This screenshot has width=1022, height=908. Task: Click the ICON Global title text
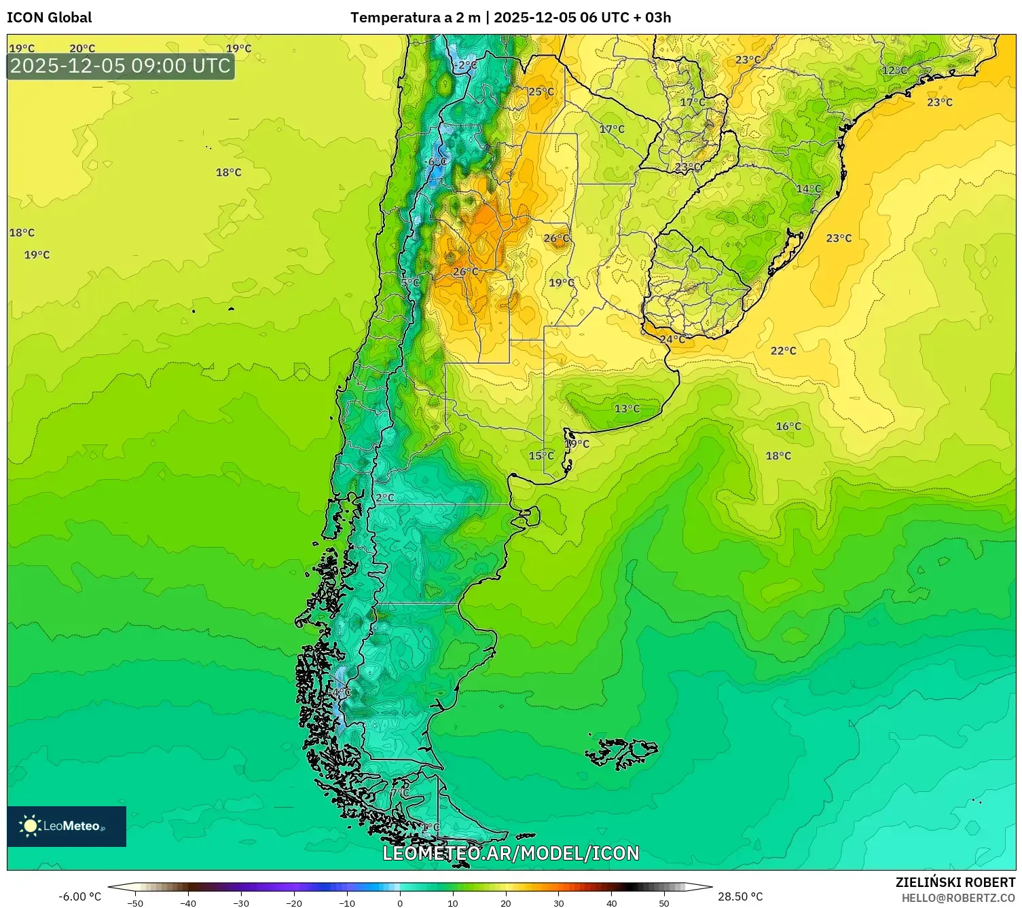[49, 18]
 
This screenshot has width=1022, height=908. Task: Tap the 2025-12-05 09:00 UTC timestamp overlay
[120, 66]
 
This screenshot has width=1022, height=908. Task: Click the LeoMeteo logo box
[67, 826]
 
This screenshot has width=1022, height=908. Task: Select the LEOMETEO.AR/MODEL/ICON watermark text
[511, 853]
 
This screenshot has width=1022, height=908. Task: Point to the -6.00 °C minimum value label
[79, 896]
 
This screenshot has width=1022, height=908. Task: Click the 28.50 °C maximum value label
[740, 896]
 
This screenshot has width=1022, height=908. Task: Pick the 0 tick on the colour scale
[399, 903]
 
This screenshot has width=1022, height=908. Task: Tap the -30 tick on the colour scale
[241, 903]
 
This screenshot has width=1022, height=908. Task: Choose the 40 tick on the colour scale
[611, 903]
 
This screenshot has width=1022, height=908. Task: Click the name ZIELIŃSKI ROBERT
[955, 882]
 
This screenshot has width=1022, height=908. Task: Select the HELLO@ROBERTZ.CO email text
[958, 898]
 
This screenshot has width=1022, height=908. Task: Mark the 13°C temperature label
[627, 409]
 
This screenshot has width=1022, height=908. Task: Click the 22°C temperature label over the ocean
[783, 351]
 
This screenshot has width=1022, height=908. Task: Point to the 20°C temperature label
[82, 48]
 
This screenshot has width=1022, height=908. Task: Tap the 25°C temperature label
[541, 92]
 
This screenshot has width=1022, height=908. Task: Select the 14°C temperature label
[808, 189]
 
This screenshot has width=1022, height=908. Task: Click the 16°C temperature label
[788, 426]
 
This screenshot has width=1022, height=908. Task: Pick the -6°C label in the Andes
[435, 162]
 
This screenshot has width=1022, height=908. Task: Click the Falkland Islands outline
[621, 752]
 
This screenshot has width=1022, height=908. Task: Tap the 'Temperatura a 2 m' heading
[415, 18]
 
